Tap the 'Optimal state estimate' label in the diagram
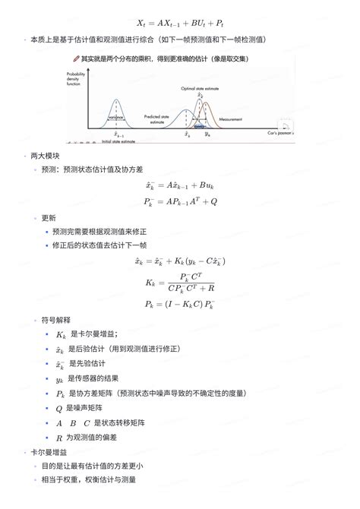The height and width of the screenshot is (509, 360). point(200,88)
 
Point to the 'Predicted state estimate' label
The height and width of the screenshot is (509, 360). point(157,119)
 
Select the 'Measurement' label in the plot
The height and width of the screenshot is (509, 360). point(230,119)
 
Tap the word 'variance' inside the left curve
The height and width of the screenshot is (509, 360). point(115,118)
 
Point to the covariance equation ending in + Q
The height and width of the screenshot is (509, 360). point(180,201)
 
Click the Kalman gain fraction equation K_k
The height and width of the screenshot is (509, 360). point(180,283)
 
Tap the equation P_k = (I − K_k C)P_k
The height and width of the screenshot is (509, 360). point(180,304)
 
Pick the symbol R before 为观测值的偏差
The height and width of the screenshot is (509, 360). point(59,438)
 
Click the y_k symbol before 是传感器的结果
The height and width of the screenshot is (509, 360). point(59,378)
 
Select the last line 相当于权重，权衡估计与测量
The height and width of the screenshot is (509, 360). point(94,479)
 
